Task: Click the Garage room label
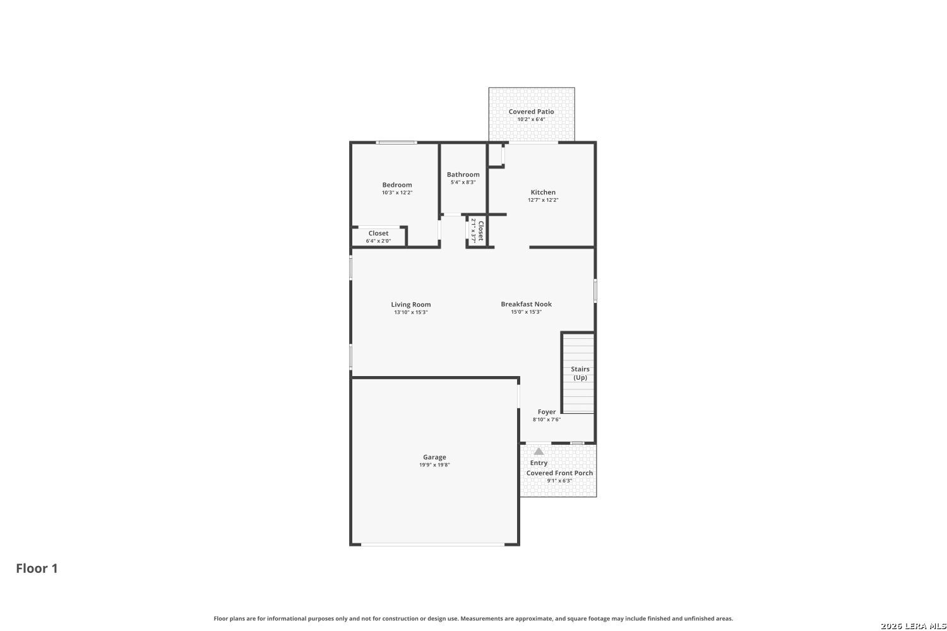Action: point(434,457)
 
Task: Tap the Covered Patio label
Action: point(531,112)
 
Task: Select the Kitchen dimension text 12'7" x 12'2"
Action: point(543,200)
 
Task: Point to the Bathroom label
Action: point(463,175)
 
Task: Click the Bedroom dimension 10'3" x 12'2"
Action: point(397,192)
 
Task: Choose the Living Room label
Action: point(410,305)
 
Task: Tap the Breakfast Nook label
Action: point(526,304)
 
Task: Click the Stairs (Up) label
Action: point(580,373)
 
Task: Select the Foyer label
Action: point(547,411)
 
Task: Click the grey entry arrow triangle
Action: point(539,451)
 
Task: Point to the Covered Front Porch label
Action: point(559,473)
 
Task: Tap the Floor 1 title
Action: point(37,569)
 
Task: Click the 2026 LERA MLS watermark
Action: point(913,626)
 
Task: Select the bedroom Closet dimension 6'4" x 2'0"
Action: point(378,241)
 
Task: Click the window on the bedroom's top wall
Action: point(396,143)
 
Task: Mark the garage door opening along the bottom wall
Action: point(432,545)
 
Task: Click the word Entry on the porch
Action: point(539,463)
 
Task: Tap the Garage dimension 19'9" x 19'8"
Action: point(434,465)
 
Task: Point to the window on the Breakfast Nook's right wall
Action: point(595,290)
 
